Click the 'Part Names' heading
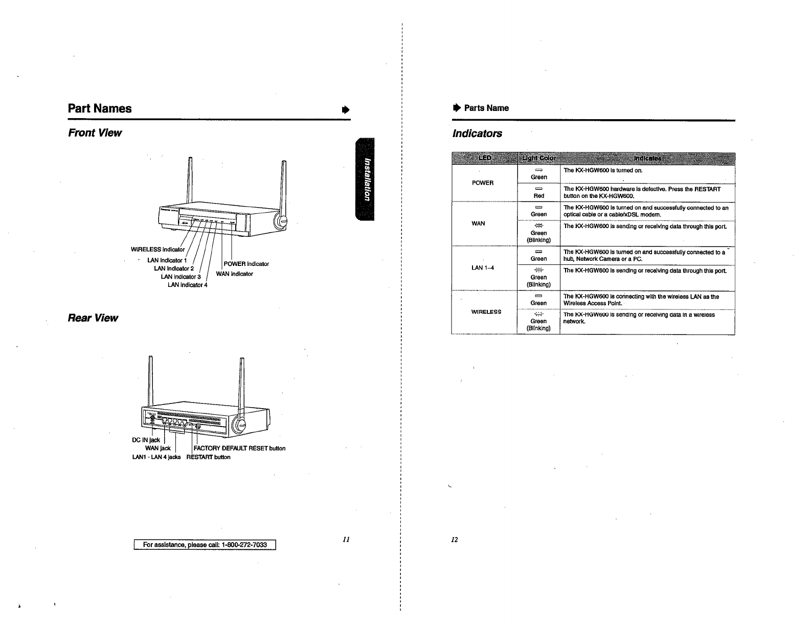click(100, 108)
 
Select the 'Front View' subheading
click(95, 133)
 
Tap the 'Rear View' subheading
click(93, 318)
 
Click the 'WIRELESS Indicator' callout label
click(157, 250)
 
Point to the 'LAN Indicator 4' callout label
click(187, 285)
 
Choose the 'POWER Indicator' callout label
click(246, 264)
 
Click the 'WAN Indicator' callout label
click(234, 274)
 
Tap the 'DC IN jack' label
click(146, 440)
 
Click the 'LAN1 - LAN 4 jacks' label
click(156, 457)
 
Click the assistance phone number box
click(205, 545)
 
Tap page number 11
click(346, 539)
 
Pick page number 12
click(455, 540)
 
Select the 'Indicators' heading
click(478, 133)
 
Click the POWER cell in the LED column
click(483, 183)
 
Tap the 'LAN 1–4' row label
click(482, 268)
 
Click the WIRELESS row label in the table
click(486, 312)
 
